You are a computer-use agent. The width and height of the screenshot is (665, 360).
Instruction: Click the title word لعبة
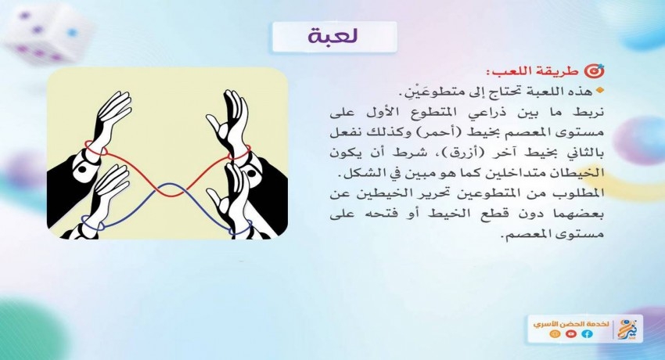[333, 37]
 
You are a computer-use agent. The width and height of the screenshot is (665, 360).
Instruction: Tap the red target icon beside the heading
[595, 71]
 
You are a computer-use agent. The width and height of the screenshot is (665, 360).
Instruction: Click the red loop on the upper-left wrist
[96, 149]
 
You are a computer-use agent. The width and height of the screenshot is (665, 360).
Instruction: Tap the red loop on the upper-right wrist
[239, 153]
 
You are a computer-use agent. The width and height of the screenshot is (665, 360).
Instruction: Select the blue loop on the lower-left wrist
[92, 224]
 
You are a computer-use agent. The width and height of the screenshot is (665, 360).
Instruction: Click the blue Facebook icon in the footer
[588, 334]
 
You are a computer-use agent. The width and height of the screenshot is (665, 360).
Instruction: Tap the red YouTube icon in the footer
[571, 334]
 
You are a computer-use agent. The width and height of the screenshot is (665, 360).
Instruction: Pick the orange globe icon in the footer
[555, 334]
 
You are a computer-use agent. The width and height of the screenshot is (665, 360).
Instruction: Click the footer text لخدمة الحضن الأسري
[571, 324]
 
